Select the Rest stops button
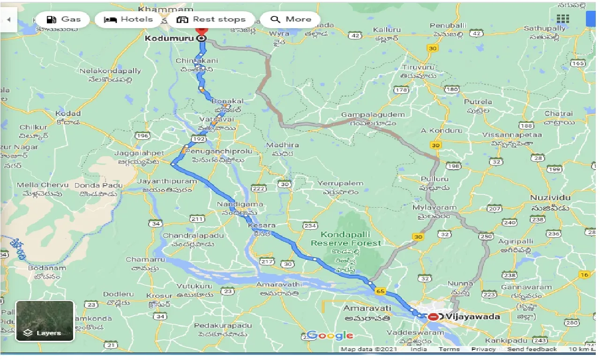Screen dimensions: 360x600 (211, 20)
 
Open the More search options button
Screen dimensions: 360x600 (291, 20)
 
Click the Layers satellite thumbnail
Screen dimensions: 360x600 (45, 321)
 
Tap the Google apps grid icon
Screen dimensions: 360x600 (562, 19)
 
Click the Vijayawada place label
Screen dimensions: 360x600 (473, 317)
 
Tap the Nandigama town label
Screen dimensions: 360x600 (240, 204)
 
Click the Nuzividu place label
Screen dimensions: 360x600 (550, 198)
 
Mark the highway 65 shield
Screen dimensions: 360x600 (380, 292)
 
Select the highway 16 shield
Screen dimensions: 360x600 (584, 275)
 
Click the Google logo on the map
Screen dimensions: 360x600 (330, 335)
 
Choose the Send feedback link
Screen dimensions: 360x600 (532, 349)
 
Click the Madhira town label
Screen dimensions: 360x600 (283, 145)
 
